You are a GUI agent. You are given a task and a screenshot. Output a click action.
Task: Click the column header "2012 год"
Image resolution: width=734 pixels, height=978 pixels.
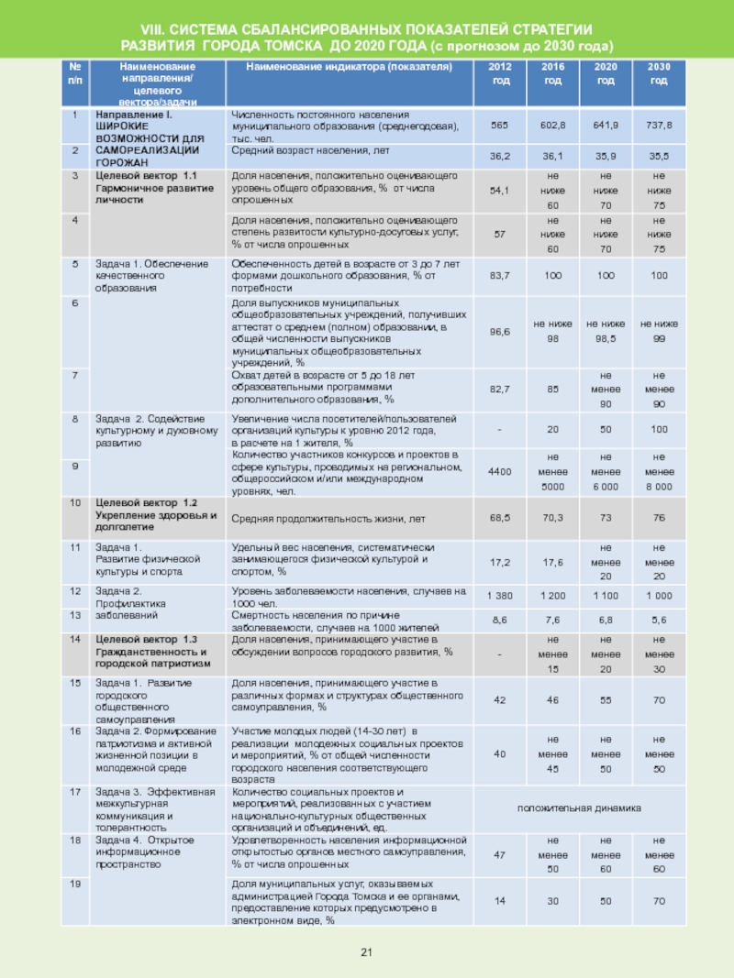499,74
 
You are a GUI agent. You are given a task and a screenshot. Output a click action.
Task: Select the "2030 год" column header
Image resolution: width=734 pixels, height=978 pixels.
659,74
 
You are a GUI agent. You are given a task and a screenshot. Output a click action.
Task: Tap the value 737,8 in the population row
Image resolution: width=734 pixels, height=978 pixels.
659,124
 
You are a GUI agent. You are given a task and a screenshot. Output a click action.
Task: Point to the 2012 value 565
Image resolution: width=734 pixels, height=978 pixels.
499,124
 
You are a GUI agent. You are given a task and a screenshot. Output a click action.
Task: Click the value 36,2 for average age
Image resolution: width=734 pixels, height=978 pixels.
499,157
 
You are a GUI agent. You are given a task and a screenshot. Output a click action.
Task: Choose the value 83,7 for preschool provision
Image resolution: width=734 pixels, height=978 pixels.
499,276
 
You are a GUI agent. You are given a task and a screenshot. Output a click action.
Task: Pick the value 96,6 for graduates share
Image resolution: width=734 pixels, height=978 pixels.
499,330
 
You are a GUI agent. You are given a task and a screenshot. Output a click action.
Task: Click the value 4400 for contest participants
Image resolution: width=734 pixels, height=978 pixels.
499,470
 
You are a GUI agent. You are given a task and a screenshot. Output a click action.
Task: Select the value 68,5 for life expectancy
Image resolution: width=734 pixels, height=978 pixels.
499,518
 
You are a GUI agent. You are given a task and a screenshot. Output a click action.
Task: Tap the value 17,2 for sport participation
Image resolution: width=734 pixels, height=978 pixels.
499,560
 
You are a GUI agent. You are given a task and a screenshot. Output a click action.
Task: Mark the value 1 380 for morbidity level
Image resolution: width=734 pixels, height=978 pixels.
499,596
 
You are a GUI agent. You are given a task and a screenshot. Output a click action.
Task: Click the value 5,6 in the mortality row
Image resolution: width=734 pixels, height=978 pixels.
659,620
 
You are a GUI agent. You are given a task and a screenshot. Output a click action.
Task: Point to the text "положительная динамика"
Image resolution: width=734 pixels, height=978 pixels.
579,808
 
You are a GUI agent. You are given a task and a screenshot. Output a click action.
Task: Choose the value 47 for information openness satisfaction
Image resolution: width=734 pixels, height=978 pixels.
499,854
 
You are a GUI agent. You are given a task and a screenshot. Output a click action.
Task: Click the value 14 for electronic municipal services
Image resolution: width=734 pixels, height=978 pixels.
499,901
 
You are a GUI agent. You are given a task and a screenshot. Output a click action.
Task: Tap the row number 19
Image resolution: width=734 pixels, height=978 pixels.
75,883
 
